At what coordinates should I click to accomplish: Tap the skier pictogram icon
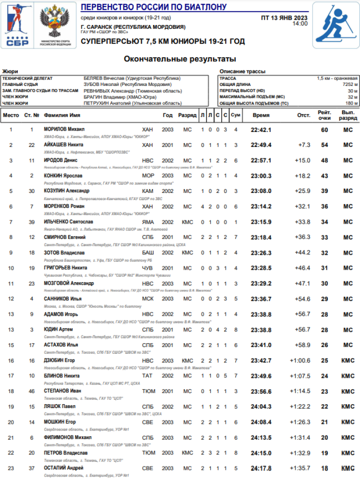click(x=336, y=25)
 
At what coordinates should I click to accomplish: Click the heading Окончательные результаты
click(x=180, y=60)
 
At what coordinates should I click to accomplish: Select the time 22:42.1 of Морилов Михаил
click(x=261, y=130)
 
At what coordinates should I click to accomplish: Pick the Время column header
click(x=261, y=115)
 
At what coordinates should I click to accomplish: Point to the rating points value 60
click(x=324, y=130)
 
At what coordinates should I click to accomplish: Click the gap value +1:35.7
click(x=300, y=468)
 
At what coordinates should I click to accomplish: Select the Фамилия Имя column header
click(x=62, y=115)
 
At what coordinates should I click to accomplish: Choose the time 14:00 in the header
click(x=300, y=24)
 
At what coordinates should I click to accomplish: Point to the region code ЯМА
click(x=148, y=222)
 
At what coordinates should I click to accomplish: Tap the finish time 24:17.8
click(x=261, y=468)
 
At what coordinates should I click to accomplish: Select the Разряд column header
click(x=187, y=115)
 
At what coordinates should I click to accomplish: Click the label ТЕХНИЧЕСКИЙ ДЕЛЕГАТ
click(x=27, y=78)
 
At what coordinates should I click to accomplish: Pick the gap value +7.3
click(x=304, y=145)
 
